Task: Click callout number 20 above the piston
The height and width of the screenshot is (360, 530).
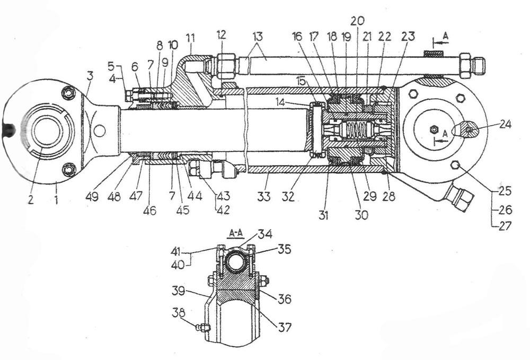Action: coord(358,21)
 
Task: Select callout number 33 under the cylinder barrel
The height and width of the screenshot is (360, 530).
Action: coord(263,196)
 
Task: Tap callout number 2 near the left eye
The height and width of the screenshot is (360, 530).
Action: coord(31,200)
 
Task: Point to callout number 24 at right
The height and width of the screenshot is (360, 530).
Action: coord(505,125)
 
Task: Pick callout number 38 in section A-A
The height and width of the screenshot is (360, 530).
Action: coord(179,313)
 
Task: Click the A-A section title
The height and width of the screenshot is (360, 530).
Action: coord(236,233)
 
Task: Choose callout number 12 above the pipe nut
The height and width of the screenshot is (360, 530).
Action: coord(222,35)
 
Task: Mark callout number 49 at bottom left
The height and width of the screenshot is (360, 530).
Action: coord(92,196)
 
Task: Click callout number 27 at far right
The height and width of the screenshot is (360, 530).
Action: coord(505,225)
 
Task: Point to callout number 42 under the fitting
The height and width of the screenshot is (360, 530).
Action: coord(223,210)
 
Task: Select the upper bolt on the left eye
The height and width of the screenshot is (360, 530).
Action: coord(69,93)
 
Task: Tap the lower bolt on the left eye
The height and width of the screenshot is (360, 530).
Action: coord(69,168)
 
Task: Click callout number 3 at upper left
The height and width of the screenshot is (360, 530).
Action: coord(90,76)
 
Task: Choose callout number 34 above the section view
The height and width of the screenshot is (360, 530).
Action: coord(266,234)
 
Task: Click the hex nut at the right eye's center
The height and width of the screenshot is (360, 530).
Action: coord(434,129)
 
